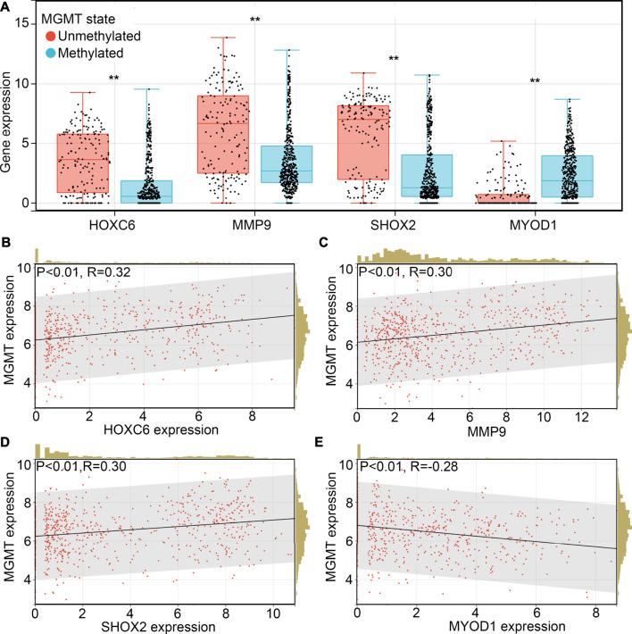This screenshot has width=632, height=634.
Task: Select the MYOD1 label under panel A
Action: (534, 221)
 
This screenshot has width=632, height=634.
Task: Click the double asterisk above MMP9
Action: (255, 20)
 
